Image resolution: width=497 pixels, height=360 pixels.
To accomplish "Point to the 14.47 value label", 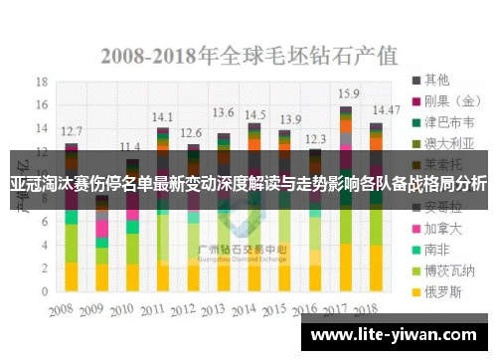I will [386, 109].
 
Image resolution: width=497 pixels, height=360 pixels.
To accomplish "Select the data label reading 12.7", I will [72, 131].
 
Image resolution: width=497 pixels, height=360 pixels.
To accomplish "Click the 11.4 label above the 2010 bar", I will [129, 146].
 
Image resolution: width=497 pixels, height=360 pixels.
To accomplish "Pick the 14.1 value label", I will [162, 115].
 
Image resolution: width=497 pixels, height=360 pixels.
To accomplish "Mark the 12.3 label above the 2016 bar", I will [315, 139].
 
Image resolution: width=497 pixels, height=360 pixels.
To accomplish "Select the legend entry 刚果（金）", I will [446, 100].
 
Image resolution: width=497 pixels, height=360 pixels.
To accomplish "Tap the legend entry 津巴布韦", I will [446, 123].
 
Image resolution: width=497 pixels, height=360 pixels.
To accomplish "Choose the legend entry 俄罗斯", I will [441, 293].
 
